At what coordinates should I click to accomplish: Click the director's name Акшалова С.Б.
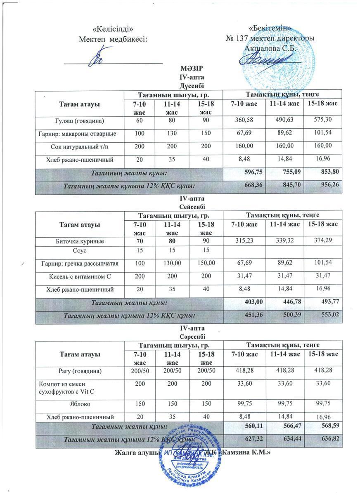pos(270,48)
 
